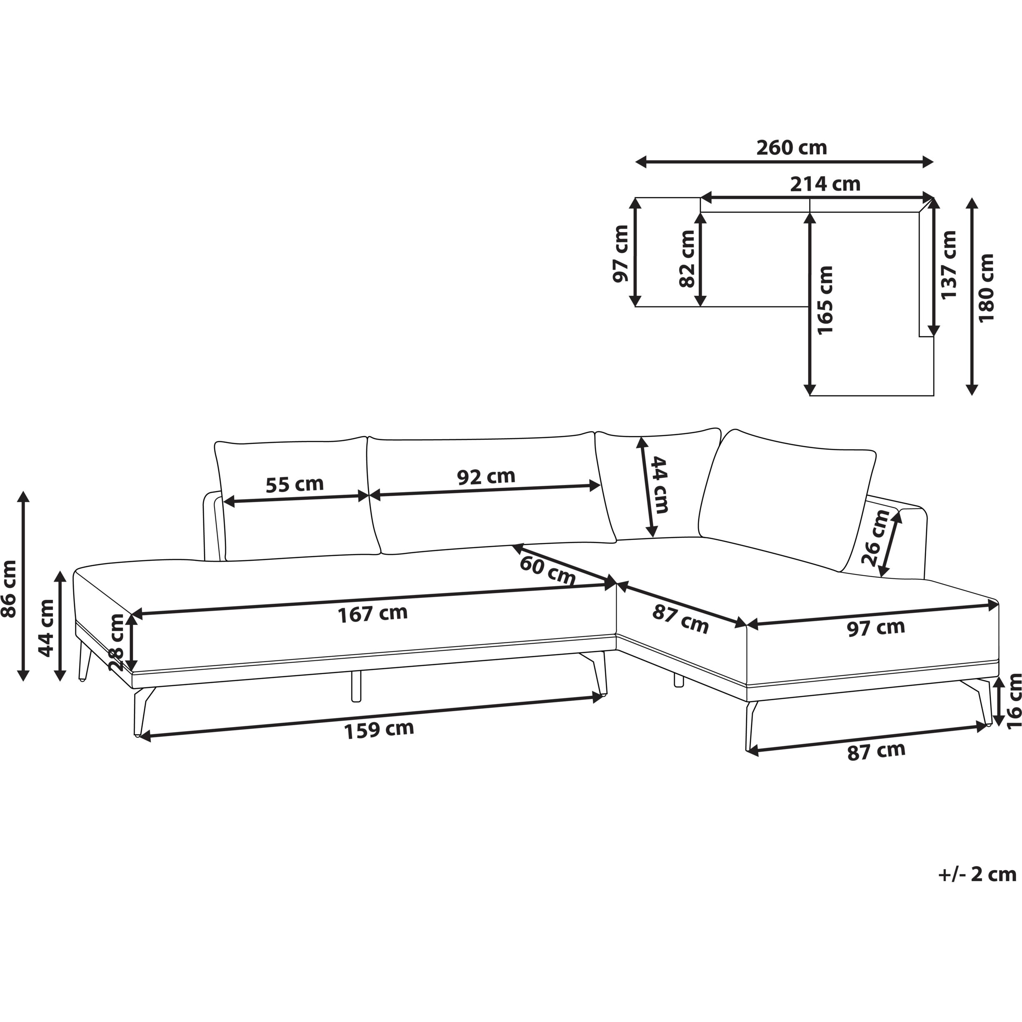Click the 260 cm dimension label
click(x=791, y=147)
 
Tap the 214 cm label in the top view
click(x=825, y=184)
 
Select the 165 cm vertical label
click(x=825, y=300)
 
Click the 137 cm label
click(x=949, y=265)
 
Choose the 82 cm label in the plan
click(x=687, y=259)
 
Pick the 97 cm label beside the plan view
click(x=621, y=253)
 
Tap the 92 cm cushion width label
click(x=486, y=476)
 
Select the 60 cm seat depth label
click(x=547, y=570)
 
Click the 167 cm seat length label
click(x=372, y=614)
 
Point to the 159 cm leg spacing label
click(x=379, y=730)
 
